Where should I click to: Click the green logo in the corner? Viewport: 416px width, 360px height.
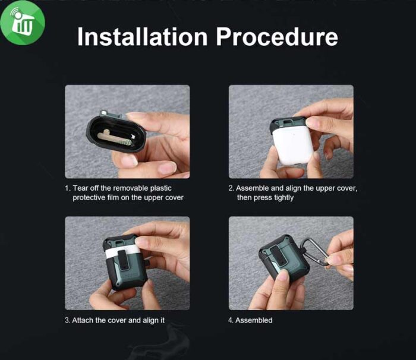(x=23, y=23)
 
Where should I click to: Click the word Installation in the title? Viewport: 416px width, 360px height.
(x=142, y=37)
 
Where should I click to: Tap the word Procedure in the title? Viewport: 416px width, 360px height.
(x=277, y=37)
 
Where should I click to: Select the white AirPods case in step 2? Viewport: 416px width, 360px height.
(x=293, y=145)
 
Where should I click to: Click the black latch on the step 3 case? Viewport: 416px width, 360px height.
(x=123, y=260)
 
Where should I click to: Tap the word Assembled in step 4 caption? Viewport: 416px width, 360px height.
(x=254, y=320)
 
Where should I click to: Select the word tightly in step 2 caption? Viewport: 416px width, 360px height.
(x=283, y=198)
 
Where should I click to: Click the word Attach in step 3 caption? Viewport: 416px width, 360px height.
(x=83, y=320)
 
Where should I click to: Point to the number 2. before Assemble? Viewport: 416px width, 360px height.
(x=231, y=188)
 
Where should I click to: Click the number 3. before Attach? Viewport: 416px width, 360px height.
(x=67, y=320)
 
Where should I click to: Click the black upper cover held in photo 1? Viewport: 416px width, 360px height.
(x=116, y=134)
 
